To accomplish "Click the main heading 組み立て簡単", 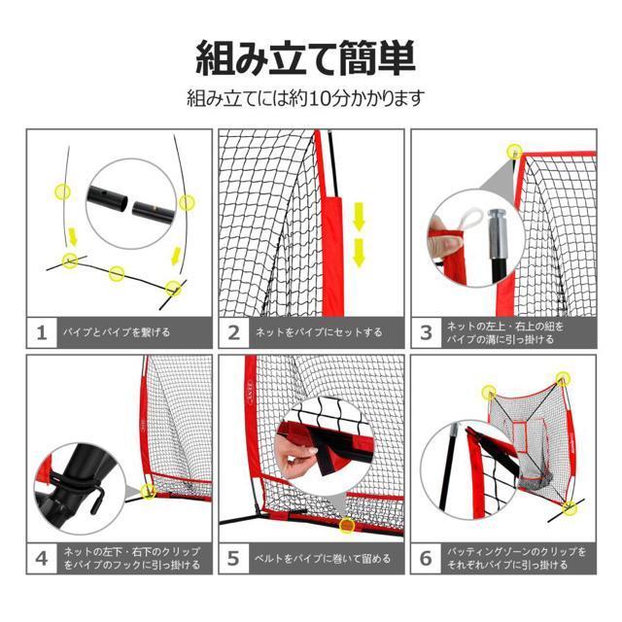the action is tap(305, 58).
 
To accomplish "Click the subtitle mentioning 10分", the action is tap(305, 98).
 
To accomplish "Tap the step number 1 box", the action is tap(42, 332).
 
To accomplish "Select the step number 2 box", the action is tap(234, 332).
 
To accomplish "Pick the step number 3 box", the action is tap(426, 332).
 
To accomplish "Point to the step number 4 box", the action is tap(42, 559).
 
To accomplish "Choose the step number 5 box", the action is tap(234, 559).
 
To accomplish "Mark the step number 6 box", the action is tap(426, 559).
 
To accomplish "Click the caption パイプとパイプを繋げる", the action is tap(117, 332).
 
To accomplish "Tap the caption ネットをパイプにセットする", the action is tap(319, 332).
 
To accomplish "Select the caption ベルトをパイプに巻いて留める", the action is tap(323, 559).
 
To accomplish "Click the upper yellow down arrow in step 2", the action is tap(359, 217).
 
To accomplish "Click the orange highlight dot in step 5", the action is tap(347, 525).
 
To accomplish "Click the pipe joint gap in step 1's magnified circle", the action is tap(130, 205).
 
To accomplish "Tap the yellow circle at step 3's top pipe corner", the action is tap(515, 152).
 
